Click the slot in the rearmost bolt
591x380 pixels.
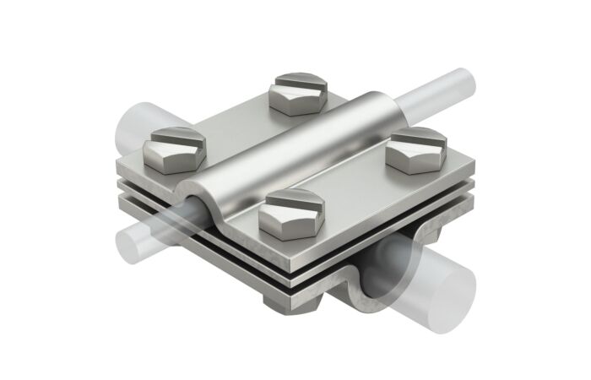(x=299, y=82)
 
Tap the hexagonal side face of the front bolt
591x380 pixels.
(x=279, y=225)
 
